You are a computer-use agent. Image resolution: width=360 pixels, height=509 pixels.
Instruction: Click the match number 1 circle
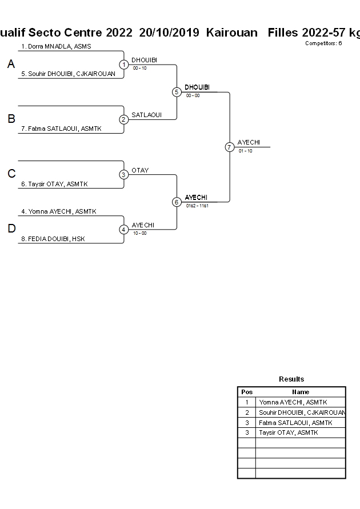[123, 65]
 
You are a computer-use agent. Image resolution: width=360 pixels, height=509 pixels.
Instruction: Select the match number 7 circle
[229, 147]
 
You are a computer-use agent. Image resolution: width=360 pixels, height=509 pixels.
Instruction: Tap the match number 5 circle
[177, 92]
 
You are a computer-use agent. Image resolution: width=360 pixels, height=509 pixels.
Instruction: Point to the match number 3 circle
[123, 175]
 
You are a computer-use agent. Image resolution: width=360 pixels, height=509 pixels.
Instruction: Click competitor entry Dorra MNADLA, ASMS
[56, 46]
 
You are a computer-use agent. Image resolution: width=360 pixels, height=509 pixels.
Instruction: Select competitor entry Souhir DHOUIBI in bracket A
[68, 74]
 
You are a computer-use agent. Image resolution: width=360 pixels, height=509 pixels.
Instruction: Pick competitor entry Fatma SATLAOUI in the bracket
[61, 129]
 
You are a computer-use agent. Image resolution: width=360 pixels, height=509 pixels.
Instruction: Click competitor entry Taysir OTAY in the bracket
[58, 184]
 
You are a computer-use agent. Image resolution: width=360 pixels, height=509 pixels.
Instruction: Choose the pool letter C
[11, 174]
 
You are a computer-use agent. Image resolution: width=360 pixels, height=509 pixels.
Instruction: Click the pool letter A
[11, 65]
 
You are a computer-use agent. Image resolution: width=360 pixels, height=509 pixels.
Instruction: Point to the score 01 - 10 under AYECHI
[245, 151]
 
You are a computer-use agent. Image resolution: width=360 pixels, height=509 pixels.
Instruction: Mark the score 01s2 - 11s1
[197, 206]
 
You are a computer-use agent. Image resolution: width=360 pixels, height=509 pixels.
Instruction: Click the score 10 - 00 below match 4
[139, 233]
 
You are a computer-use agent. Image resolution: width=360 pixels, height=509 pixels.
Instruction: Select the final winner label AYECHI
[249, 142]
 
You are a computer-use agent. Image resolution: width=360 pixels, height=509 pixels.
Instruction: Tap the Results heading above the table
[291, 379]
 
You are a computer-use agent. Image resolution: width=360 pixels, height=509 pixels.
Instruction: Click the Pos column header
[247, 392]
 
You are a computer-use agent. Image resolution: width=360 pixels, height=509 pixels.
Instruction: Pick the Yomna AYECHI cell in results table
[293, 402]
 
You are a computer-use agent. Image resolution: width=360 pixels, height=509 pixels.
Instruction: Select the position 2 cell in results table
[247, 412]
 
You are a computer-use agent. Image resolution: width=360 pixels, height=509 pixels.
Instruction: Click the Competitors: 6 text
[323, 43]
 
